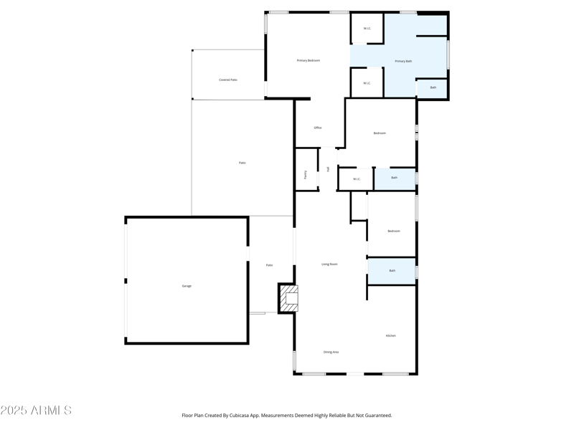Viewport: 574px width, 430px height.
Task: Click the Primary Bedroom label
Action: coord(309,60)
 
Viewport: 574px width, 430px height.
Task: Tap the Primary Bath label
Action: coord(403,61)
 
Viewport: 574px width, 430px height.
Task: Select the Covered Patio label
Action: coord(228,80)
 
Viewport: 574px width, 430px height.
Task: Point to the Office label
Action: coord(318,128)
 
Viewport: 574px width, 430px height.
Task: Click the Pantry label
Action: coord(306,174)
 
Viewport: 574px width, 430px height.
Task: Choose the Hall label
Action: coord(329,169)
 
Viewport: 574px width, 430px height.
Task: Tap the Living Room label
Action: coord(329,264)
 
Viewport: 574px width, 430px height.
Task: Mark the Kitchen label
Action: coord(391,335)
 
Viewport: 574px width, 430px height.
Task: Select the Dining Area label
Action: coord(331,352)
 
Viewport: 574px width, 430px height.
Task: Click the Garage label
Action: coord(187,286)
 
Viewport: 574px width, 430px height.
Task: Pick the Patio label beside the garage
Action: coord(270,265)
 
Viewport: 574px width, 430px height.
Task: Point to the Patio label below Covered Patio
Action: coord(243,163)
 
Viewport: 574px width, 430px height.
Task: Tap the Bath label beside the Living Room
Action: coord(392,270)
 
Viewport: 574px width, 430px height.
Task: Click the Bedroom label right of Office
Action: coord(380,133)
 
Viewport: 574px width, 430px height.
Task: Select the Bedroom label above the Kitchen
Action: coord(394,231)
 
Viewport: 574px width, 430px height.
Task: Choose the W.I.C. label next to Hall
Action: coord(357,179)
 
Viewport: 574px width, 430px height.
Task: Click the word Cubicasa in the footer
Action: coord(248,415)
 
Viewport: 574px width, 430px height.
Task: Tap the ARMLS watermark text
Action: coord(36,411)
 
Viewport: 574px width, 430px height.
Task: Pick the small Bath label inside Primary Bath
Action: coord(433,87)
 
